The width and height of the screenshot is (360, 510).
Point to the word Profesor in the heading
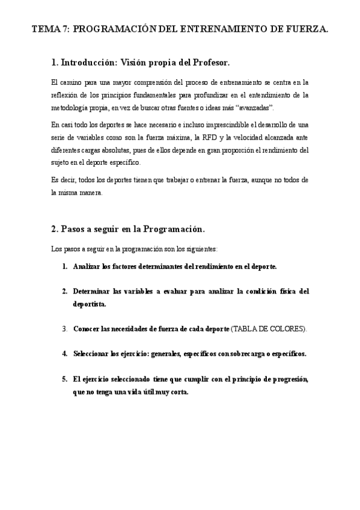pyautogui.click(x=209, y=62)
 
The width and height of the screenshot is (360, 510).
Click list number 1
pyautogui.click(x=65, y=265)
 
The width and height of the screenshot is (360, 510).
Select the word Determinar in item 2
pyautogui.click(x=93, y=291)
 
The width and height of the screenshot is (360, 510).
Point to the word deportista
pyautogui.click(x=89, y=304)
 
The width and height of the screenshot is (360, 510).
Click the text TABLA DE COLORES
pyautogui.click(x=269, y=329)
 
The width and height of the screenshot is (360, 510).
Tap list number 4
pyautogui.click(x=65, y=354)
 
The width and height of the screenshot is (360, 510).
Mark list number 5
pyautogui.click(x=65, y=379)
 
